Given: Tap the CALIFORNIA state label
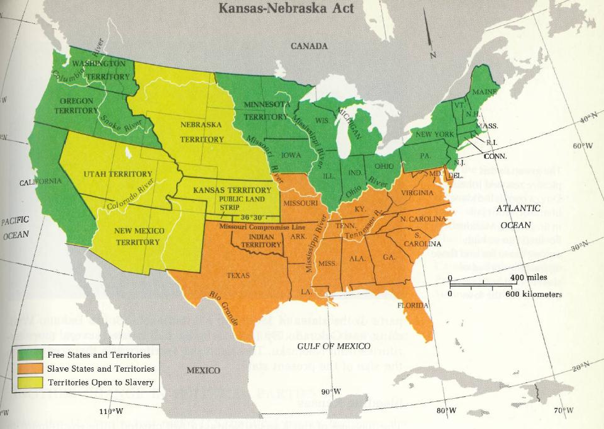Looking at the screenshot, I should pyautogui.click(x=40, y=181).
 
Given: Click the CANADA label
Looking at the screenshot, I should pyautogui.click(x=309, y=46).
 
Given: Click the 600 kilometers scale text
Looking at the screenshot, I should pyautogui.click(x=532, y=294).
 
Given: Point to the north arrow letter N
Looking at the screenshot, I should pyautogui.click(x=432, y=55).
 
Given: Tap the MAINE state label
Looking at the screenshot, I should pyautogui.click(x=484, y=92).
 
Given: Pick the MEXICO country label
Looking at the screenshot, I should pyautogui.click(x=203, y=370).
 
